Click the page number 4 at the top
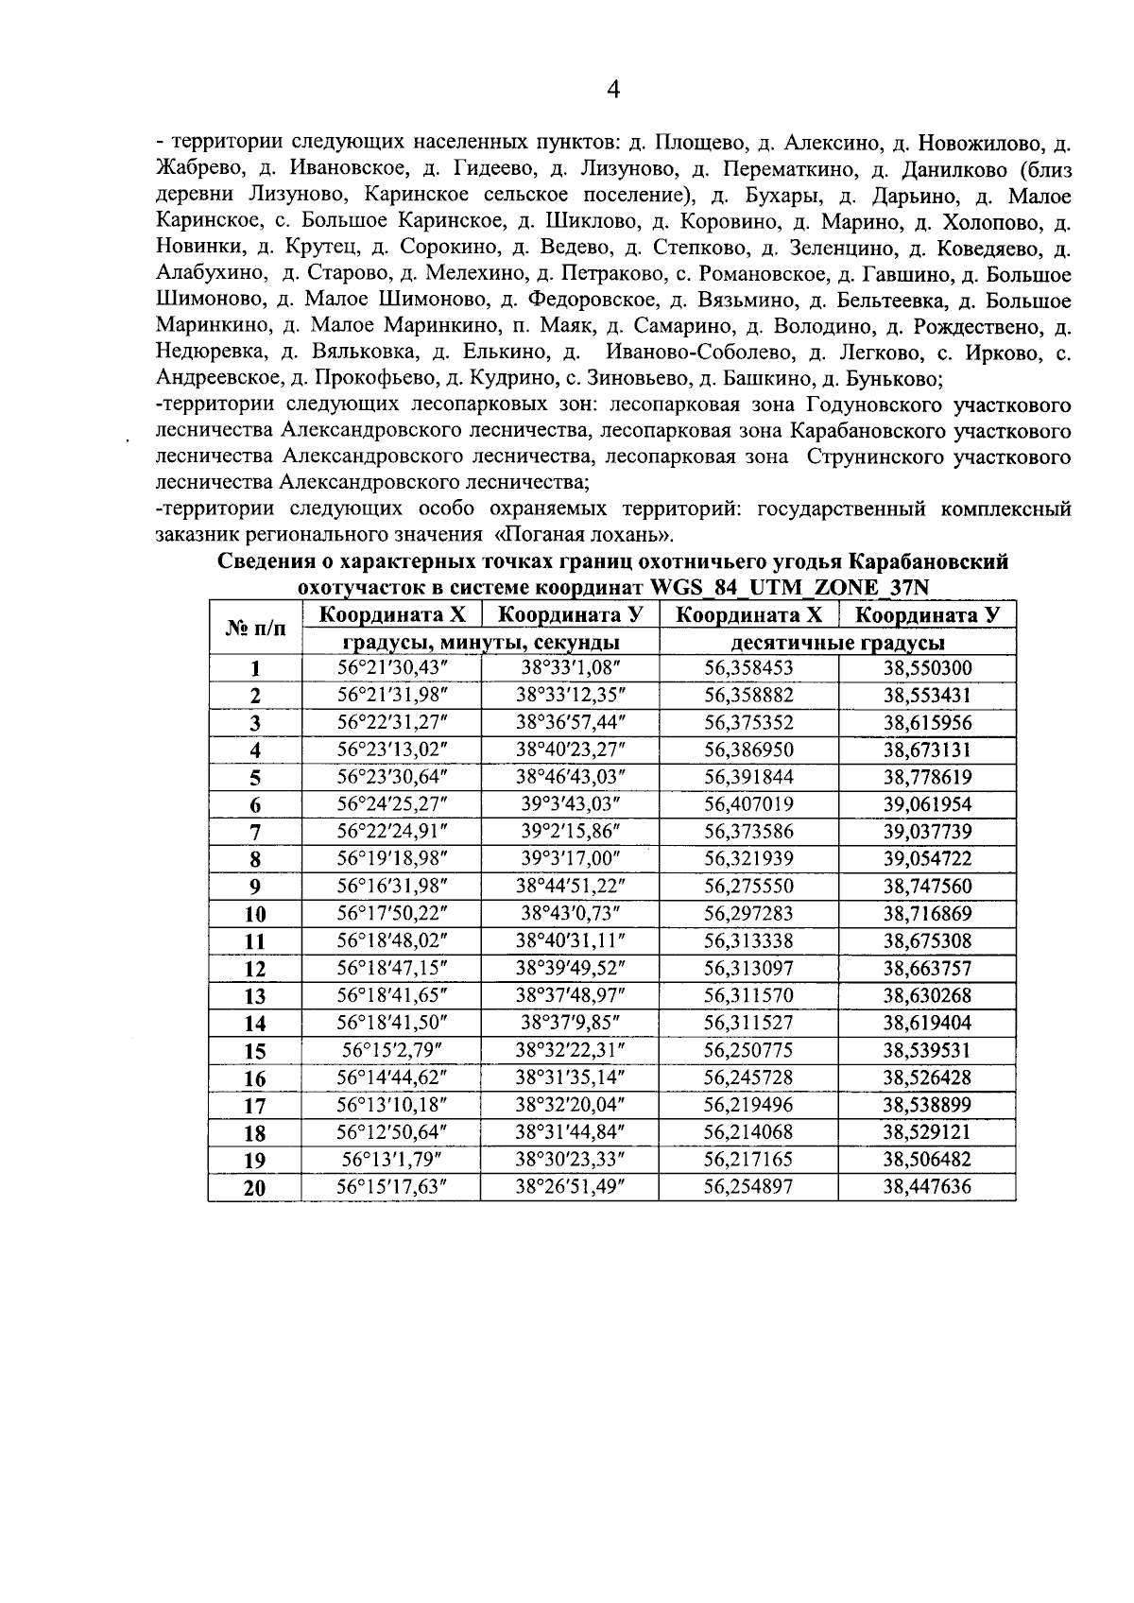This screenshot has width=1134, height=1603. (x=613, y=91)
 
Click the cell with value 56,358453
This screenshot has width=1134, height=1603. (x=748, y=668)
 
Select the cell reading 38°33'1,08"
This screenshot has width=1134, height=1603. (x=570, y=668)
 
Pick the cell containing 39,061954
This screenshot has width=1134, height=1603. (x=927, y=804)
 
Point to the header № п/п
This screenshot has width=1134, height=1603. (x=254, y=629)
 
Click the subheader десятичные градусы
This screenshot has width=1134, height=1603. (x=838, y=643)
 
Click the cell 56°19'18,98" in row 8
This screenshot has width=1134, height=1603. (x=391, y=859)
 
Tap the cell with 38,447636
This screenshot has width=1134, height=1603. (x=927, y=1187)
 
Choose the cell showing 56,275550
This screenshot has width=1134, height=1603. (x=748, y=887)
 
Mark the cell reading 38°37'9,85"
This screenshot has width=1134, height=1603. (x=570, y=1023)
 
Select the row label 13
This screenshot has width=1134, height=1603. (x=254, y=996)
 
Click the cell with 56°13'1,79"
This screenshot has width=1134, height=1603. (x=391, y=1160)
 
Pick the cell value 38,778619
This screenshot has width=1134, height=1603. (x=927, y=777)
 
